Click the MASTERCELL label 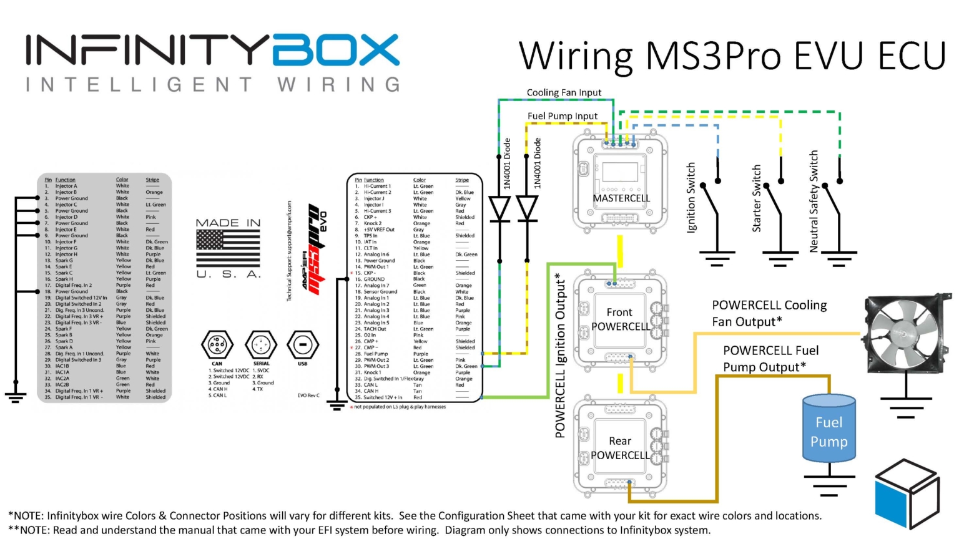621,198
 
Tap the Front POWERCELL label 620,319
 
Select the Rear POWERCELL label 620,448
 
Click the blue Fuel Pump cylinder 829,430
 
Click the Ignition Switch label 691,198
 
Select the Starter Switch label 757,198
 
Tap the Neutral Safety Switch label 814,202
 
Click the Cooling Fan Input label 564,92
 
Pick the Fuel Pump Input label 562,116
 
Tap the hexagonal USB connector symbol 303,344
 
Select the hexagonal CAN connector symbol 217,344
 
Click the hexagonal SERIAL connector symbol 261,344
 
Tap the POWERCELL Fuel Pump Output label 770,359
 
